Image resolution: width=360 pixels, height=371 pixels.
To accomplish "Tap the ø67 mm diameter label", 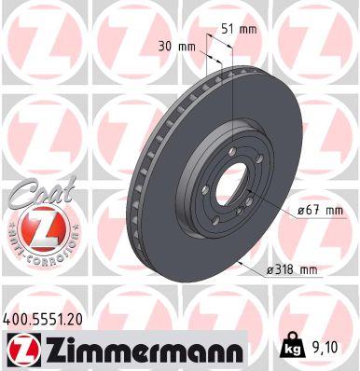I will click(x=319, y=211).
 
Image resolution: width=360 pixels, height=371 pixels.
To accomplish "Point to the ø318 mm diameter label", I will click(x=291, y=270).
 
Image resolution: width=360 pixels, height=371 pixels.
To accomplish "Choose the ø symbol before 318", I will click(x=269, y=270).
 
